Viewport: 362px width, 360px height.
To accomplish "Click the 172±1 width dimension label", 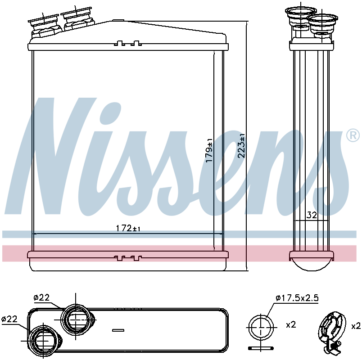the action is (128, 229).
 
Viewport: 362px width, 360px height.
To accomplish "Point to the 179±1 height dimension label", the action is (209, 150).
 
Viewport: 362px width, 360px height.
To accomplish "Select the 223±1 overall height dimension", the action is (241, 146).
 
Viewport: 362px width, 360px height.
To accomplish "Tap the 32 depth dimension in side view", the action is (312, 215).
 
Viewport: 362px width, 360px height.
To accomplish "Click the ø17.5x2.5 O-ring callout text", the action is (297, 298).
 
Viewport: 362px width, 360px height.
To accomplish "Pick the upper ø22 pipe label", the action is (41, 297).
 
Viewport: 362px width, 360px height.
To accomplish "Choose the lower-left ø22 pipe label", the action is (9, 319).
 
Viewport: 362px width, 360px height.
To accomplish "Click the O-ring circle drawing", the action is (261, 327).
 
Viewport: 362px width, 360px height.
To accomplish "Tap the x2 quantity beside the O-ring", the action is (291, 325).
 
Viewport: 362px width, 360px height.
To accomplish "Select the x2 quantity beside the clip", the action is (356, 326).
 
